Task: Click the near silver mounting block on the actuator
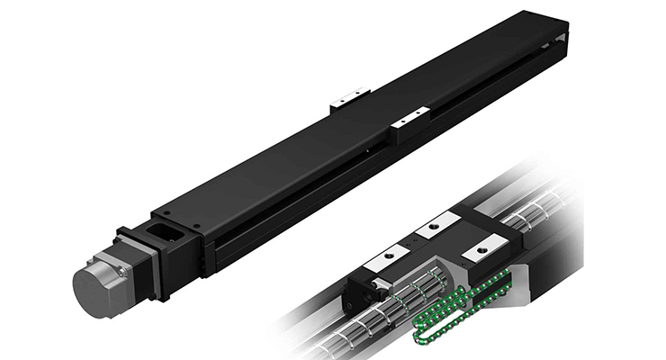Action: (x=411, y=117)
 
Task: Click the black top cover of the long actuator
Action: (x=360, y=135)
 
